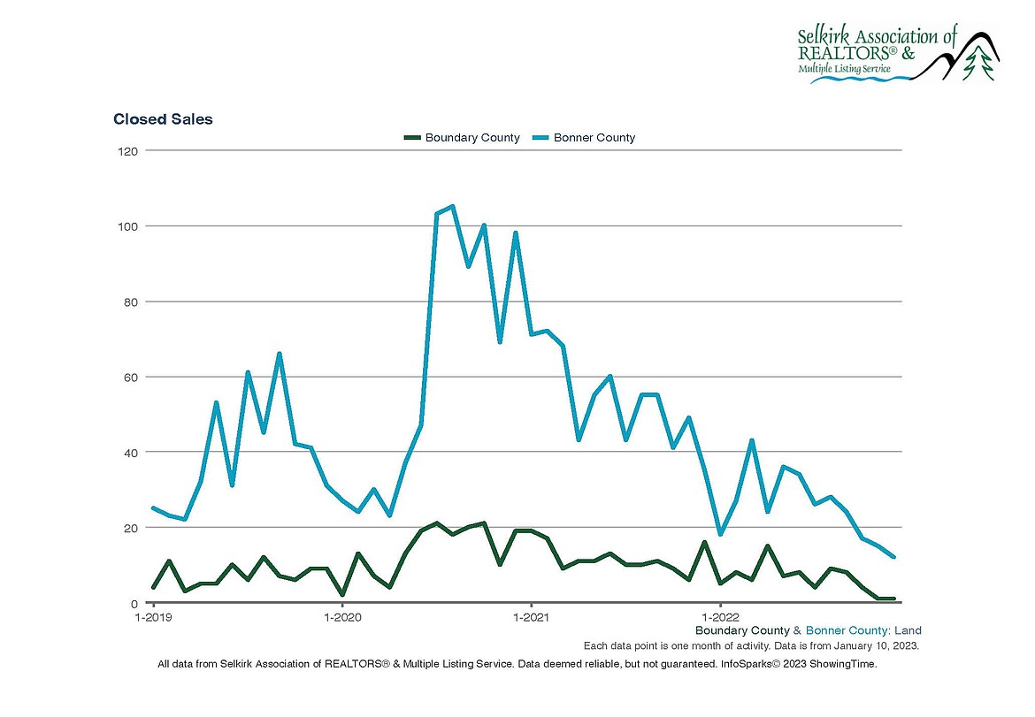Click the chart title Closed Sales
coord(163,118)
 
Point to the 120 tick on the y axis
coord(126,151)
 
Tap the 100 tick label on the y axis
coord(126,226)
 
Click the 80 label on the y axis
coord(129,301)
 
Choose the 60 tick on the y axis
coord(129,377)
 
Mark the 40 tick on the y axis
coord(129,452)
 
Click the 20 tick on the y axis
coord(129,528)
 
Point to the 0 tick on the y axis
coord(133,603)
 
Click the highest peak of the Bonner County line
coord(453,206)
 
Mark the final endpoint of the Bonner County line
coord(894,557)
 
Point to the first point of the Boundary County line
coord(153,588)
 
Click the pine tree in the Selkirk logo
coord(977,63)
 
